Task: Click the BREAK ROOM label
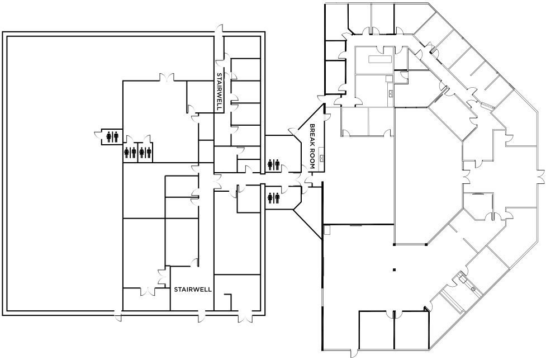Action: click(x=312, y=146)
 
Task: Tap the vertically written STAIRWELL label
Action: click(x=219, y=92)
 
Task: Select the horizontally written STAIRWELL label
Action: click(x=193, y=290)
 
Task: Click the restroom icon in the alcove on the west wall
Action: click(x=112, y=137)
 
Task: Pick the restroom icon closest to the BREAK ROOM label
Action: click(x=273, y=165)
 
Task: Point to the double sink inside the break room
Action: click(x=322, y=159)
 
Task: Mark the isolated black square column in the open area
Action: click(x=394, y=269)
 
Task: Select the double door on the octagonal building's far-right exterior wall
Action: click(x=541, y=176)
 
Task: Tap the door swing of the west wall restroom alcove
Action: click(x=98, y=134)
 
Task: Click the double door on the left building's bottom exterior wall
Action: click(x=245, y=315)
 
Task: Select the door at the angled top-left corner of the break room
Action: click(x=293, y=133)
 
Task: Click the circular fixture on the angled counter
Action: click(x=473, y=288)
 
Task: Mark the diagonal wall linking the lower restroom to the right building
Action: click(x=307, y=224)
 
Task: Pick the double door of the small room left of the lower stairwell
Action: click(x=148, y=291)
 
